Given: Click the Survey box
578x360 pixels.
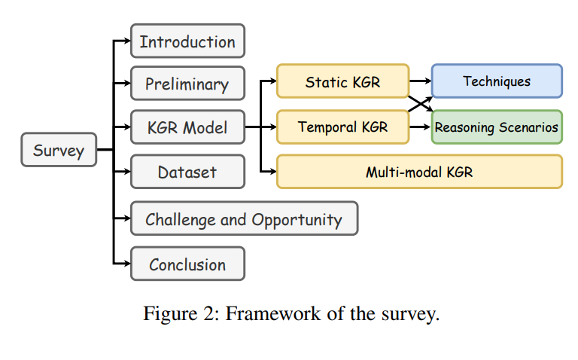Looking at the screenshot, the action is [59, 150].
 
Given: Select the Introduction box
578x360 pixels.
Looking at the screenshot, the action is [187, 41].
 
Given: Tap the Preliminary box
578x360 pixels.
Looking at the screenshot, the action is [187, 84].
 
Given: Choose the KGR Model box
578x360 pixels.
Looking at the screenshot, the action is [187, 127].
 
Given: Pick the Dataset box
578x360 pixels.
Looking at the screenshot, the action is [187, 172].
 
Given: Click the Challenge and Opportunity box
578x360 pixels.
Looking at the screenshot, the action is [245, 218].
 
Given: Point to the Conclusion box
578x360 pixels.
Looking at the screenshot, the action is [187, 264].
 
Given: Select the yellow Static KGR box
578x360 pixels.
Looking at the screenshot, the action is [343, 81].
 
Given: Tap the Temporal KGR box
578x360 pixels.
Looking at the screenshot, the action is [343, 127].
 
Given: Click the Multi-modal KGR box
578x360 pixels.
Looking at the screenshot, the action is [419, 172].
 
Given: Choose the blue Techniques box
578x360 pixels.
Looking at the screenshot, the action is [497, 81].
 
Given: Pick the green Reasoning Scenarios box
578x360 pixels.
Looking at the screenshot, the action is [497, 127].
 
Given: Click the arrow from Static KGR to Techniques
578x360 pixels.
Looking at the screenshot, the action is [420, 81].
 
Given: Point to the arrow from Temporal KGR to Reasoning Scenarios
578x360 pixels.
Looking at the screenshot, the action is [420, 127].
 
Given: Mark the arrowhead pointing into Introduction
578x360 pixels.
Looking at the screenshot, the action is [127, 41].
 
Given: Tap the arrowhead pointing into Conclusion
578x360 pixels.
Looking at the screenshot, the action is [127, 264].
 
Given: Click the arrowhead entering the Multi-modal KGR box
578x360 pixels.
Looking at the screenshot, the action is [273, 171].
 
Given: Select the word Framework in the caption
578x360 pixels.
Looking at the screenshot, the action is [273, 314].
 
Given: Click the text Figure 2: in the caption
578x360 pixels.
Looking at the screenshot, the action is [181, 315].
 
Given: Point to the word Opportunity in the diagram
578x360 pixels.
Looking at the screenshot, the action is [297, 220].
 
